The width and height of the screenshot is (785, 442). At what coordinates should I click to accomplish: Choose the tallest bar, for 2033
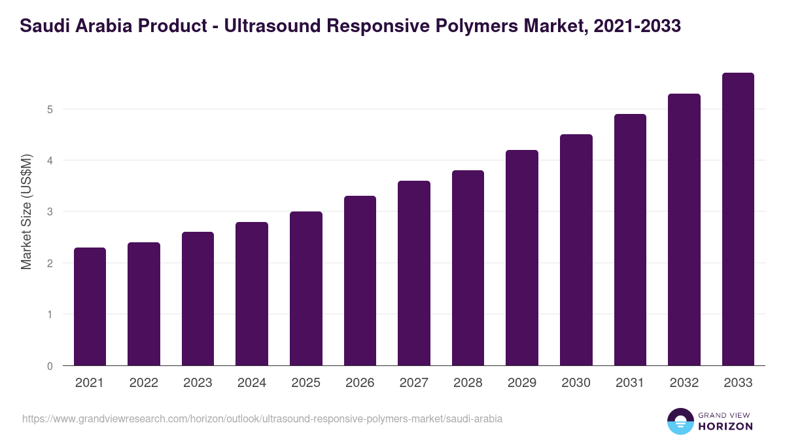click(x=738, y=219)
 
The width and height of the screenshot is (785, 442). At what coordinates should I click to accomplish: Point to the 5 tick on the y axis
click(x=50, y=109)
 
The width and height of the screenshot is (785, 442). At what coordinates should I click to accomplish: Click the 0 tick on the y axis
click(x=50, y=366)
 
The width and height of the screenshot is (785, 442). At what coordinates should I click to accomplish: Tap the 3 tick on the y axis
click(x=50, y=212)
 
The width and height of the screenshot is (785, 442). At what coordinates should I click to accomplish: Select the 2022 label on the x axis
click(x=143, y=383)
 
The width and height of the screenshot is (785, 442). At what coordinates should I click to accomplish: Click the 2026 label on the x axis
click(x=360, y=383)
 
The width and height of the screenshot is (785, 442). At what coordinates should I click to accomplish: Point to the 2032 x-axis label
click(x=684, y=383)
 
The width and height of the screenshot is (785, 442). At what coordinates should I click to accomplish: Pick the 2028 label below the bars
click(x=468, y=383)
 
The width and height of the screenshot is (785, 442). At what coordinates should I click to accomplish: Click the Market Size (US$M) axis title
click(x=26, y=212)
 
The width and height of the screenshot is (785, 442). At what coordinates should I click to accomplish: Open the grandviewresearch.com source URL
click(x=262, y=418)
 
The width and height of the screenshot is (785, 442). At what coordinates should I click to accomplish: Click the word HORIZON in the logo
click(x=725, y=426)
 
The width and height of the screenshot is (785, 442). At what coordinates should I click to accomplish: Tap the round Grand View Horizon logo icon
click(x=680, y=421)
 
